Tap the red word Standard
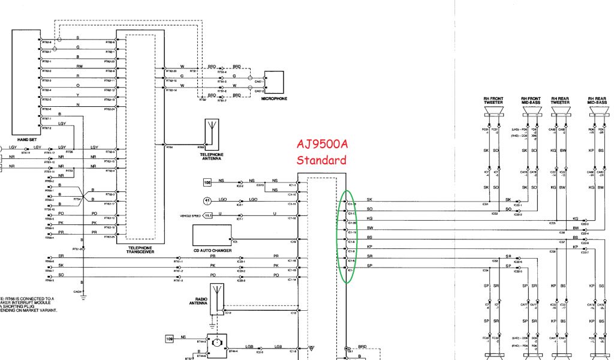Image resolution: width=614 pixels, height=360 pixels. [x=321, y=160]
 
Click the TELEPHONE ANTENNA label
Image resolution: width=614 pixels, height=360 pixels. [x=212, y=155]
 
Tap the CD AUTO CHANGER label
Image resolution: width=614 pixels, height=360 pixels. [x=212, y=250]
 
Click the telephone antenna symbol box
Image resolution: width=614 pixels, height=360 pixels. [x=212, y=133]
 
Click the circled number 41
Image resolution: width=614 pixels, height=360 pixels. [x=208, y=202]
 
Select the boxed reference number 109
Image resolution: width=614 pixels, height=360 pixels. [x=170, y=339]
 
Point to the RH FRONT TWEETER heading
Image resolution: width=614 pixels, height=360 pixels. [x=493, y=101]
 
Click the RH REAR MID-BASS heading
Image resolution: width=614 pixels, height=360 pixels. [x=597, y=101]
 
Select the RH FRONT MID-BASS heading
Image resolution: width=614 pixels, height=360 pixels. [x=531, y=101]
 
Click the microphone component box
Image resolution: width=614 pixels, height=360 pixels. [x=274, y=83]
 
